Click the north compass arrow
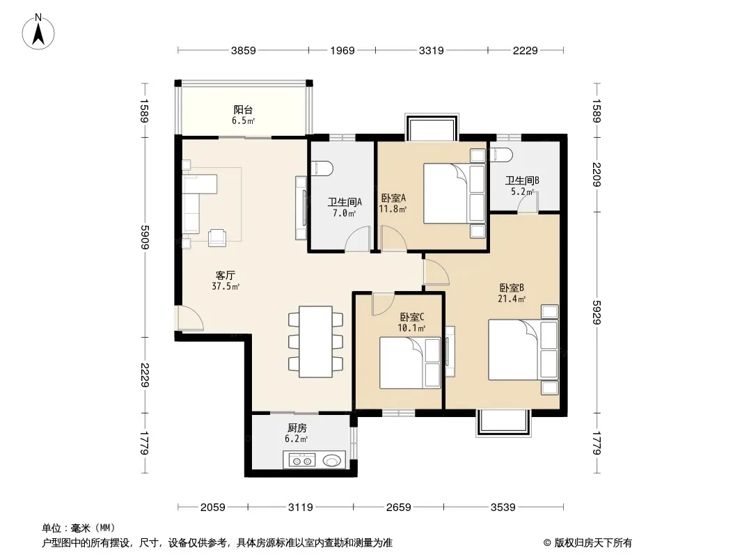[x=38, y=35]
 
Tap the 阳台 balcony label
[x=243, y=110]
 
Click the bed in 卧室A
[x=455, y=193]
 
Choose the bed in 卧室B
[x=523, y=350]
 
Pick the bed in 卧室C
[x=410, y=363]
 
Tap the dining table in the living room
[x=315, y=342]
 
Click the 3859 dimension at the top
[x=243, y=50]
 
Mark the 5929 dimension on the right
[x=597, y=313]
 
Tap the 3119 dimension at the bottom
[x=301, y=508]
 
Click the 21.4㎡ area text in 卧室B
[x=512, y=299]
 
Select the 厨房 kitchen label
[x=297, y=428]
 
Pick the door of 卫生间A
[x=358, y=238]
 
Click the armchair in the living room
[x=218, y=237]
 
